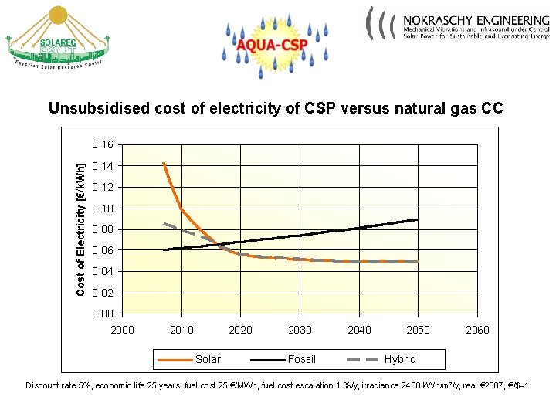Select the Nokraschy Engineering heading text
[x=476, y=19]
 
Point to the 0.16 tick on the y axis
[x=102, y=145]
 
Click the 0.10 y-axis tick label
[x=102, y=208]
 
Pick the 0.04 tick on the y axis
[x=102, y=272]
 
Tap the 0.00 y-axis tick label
[x=102, y=314]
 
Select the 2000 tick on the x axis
[x=122, y=330]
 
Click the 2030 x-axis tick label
[x=300, y=330]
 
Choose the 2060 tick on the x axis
[x=478, y=330]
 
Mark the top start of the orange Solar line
[x=164, y=163]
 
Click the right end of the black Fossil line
[x=418, y=219]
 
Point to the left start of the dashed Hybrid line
[x=164, y=224]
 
